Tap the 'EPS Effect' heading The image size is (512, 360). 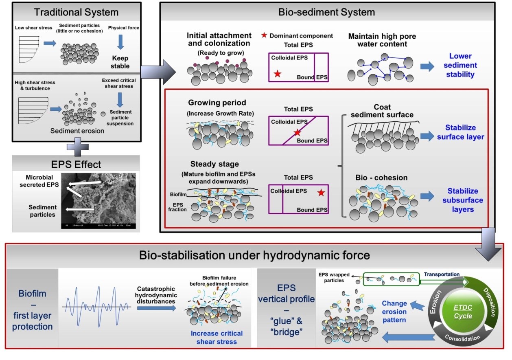[x=76, y=165]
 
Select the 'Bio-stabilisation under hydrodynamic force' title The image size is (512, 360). [x=254, y=255]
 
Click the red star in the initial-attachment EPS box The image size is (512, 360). [x=278, y=74]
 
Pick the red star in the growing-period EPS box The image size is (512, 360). [x=298, y=132]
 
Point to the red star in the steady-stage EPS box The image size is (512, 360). [x=321, y=193]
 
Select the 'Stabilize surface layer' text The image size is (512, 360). [x=461, y=132]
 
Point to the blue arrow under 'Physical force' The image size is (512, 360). [x=120, y=42]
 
